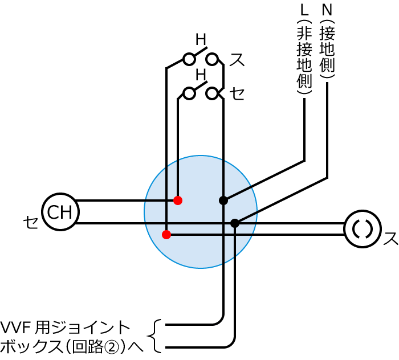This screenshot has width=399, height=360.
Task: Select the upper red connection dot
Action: pyautogui.click(x=178, y=201)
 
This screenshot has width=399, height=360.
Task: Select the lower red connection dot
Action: pyautogui.click(x=166, y=235)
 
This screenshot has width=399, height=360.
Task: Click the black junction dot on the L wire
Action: pyautogui.click(x=223, y=201)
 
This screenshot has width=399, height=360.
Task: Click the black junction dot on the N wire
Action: pyautogui.click(x=235, y=223)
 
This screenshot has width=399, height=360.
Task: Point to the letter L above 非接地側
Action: pyautogui.click(x=304, y=10)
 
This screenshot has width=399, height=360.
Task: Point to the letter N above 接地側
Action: pyautogui.click(x=327, y=10)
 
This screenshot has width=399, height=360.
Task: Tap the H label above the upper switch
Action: pyautogui.click(x=201, y=40)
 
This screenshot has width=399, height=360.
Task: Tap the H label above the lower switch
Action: pyautogui.click(x=201, y=75)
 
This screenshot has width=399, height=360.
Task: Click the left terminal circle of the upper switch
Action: pyautogui.click(x=189, y=59)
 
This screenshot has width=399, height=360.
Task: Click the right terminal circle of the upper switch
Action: pyautogui.click(x=212, y=59)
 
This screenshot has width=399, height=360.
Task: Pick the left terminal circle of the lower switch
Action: pyautogui.click(x=189, y=93)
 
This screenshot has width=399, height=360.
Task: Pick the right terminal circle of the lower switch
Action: pyautogui.click(x=212, y=93)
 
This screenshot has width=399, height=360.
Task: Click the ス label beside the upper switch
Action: pyautogui.click(x=237, y=60)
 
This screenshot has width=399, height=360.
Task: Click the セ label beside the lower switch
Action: pyautogui.click(x=237, y=93)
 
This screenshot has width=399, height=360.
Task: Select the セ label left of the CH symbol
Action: pyautogui.click(x=31, y=222)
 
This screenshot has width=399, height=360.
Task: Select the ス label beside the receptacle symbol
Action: pyautogui.click(x=390, y=239)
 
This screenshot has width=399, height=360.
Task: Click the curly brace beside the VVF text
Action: pyautogui.click(x=154, y=336)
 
